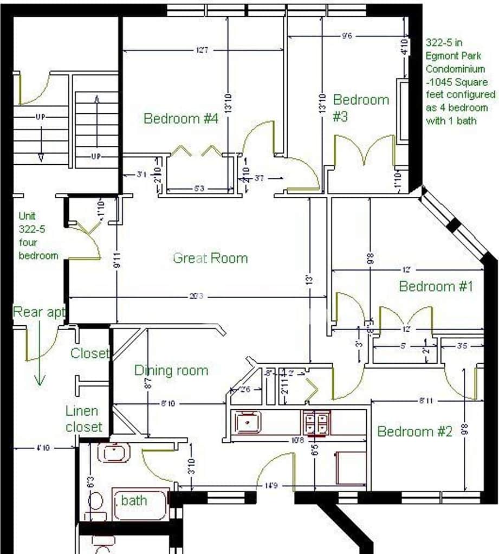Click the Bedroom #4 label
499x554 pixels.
click(181, 118)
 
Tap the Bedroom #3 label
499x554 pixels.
click(360, 107)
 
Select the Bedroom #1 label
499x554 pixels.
click(436, 286)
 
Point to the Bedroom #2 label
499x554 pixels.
click(414, 431)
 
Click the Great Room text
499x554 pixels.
click(210, 258)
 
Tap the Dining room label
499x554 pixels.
click(171, 371)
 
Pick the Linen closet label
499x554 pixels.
click(84, 418)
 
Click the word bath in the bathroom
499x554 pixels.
click(134, 500)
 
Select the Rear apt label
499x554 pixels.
click(39, 312)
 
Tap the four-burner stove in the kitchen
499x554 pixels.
click(316, 423)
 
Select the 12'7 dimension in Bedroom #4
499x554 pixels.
click(202, 50)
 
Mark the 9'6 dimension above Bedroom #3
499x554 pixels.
click(347, 36)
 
